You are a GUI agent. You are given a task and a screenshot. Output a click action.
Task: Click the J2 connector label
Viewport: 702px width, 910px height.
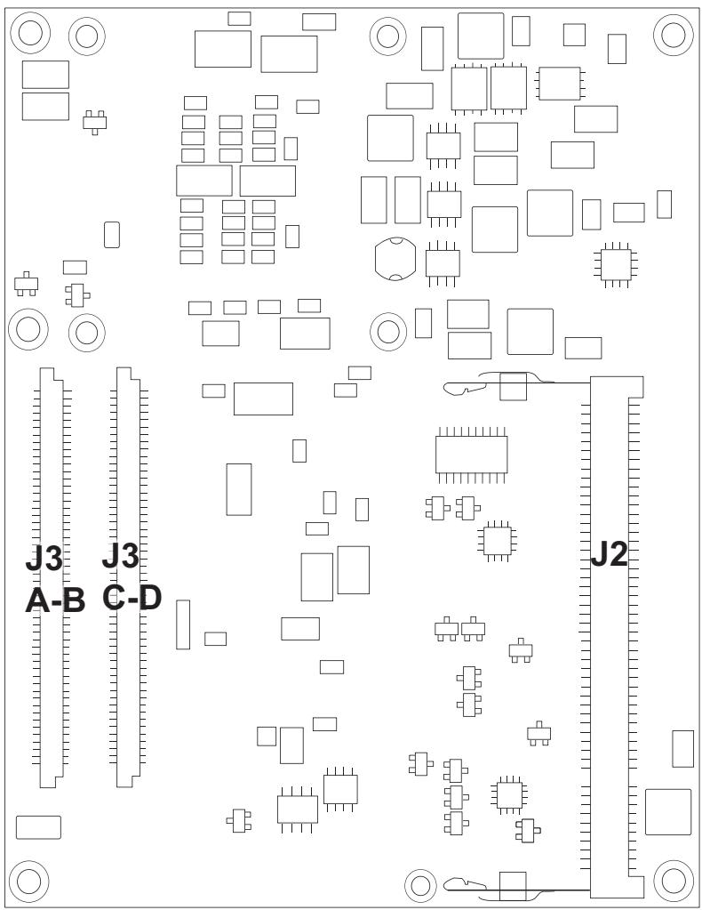click(609, 555)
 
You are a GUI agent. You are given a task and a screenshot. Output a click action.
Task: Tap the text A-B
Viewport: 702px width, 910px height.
click(55, 600)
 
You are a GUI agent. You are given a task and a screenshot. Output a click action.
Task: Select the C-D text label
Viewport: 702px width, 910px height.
click(132, 598)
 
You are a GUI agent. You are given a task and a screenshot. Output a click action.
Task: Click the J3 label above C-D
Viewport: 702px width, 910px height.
click(121, 556)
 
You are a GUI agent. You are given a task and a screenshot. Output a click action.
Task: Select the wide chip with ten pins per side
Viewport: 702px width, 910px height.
click(471, 455)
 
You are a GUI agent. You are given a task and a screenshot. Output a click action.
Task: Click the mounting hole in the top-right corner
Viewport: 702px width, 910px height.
click(673, 35)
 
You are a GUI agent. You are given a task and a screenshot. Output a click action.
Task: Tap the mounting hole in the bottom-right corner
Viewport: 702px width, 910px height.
click(673, 880)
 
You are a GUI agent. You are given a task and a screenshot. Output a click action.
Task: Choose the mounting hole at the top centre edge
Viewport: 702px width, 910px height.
click(387, 36)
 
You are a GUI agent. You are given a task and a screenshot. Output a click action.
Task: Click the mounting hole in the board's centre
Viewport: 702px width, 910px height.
click(387, 331)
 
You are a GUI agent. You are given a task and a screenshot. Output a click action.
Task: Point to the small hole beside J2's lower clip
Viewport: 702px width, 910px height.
click(419, 884)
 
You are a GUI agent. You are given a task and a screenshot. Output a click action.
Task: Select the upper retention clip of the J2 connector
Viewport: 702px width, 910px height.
click(499, 383)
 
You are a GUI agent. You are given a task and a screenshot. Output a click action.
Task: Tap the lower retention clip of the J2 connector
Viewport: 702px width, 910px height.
click(499, 883)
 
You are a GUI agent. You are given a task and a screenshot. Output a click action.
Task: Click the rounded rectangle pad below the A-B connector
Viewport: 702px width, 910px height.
click(38, 827)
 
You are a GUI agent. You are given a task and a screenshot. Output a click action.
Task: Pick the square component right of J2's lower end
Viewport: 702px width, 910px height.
click(668, 812)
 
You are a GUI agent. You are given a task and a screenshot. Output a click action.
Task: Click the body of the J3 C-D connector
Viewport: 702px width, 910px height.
click(128, 577)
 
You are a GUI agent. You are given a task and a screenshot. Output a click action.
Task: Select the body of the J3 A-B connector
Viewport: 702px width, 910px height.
click(51, 577)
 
